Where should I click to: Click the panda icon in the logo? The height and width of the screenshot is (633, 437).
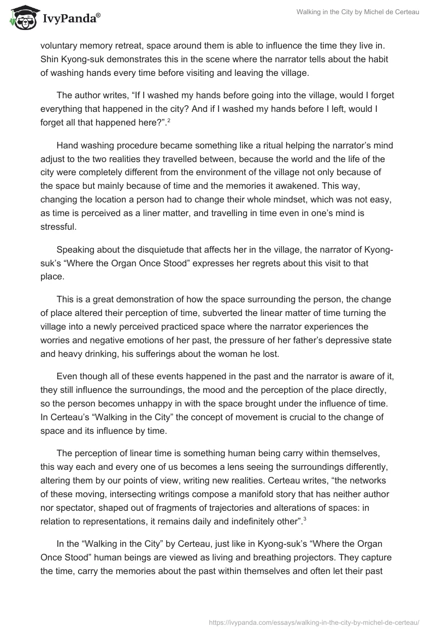(21, 17)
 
